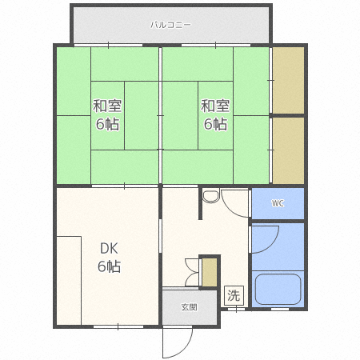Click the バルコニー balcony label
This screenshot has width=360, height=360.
(170, 25)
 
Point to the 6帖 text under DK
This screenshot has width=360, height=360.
(109, 266)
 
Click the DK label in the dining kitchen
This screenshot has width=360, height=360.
(109, 248)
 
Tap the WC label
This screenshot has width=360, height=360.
(278, 203)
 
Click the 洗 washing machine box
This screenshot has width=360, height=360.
(233, 294)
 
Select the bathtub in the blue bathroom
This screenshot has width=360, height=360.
(278, 290)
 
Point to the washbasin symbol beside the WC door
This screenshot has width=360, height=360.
(210, 196)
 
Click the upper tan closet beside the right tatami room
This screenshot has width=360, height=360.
(288, 80)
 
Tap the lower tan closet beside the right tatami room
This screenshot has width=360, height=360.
(288, 150)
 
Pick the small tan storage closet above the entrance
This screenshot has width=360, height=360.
(209, 271)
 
